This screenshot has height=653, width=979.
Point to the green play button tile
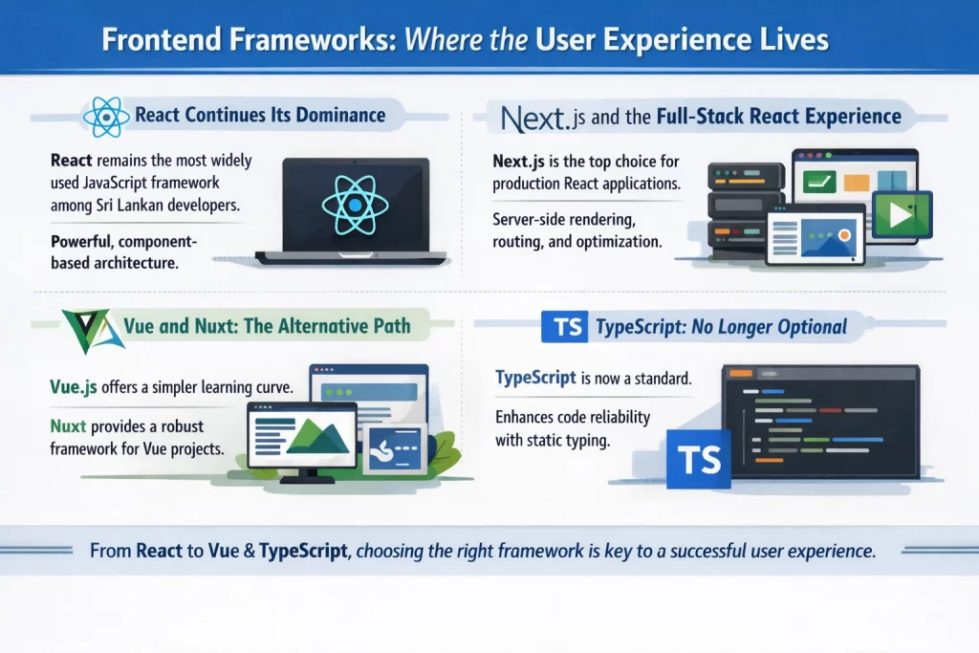click(901, 215)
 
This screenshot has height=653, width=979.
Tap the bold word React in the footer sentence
click(164, 552)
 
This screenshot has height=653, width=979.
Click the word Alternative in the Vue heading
click(327, 326)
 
